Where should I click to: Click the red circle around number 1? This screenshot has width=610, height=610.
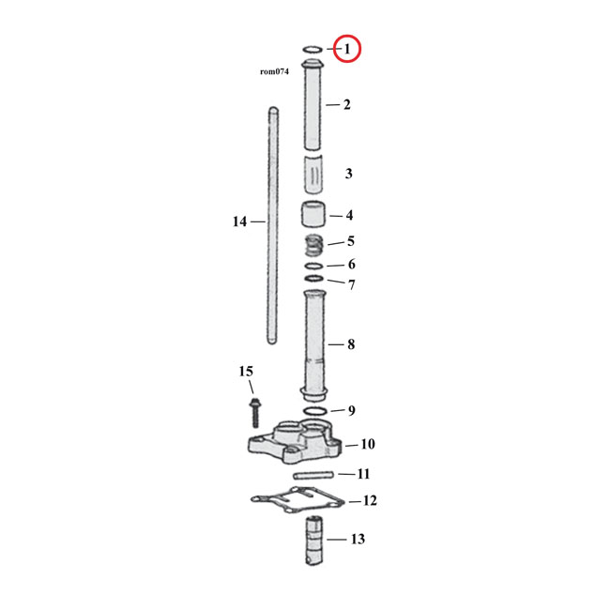[346, 48]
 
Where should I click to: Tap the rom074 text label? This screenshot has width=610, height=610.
[274, 71]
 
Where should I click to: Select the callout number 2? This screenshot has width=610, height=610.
[346, 104]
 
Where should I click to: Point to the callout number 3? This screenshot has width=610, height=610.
[348, 174]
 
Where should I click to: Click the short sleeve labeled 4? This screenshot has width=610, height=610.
[313, 215]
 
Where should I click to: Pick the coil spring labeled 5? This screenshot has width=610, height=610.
[314, 247]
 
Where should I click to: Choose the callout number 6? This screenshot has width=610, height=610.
[350, 265]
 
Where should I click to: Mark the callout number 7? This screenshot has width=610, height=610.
[350, 284]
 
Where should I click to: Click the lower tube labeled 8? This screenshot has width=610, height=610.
[313, 343]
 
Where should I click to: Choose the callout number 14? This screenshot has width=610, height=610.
[239, 221]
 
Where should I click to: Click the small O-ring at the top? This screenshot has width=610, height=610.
[313, 48]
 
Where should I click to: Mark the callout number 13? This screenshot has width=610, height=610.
[358, 540]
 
